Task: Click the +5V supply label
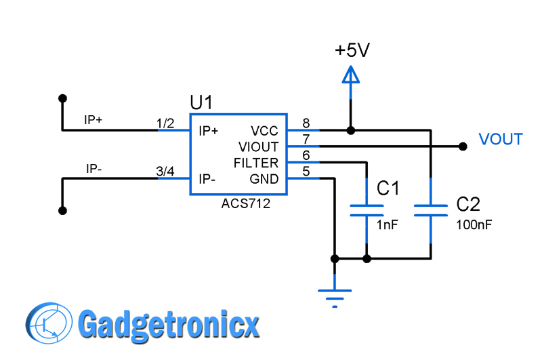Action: [352, 50]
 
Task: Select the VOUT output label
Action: [501, 140]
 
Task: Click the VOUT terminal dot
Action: [463, 146]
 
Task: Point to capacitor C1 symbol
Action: [367, 209]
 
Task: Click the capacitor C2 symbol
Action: [431, 209]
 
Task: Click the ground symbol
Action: [335, 297]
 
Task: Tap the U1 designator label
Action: [201, 103]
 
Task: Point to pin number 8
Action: [306, 123]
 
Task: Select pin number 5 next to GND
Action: [306, 172]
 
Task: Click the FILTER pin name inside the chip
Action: [255, 163]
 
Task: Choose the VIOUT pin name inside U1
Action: [258, 147]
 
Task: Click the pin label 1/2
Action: [165, 123]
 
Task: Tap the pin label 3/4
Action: [165, 172]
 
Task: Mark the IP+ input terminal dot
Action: [62, 98]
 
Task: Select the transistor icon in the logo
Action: [49, 324]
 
